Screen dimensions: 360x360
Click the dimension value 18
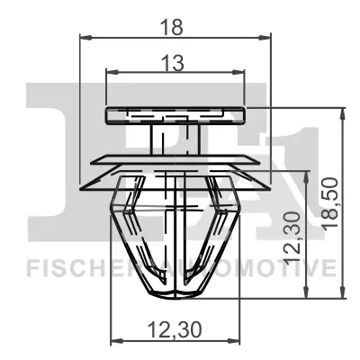pyautogui.click(x=175, y=26)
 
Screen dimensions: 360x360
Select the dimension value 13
pyautogui.click(x=175, y=62)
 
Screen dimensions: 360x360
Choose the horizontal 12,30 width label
pyautogui.click(x=175, y=328)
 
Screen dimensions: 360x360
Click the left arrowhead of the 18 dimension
pyautogui.click(x=85, y=38)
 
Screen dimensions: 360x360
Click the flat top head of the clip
pyautogui.click(x=175, y=114)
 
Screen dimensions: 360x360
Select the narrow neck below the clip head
pyautogui.click(x=175, y=139)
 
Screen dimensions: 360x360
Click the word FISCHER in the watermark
pyautogui.click(x=67, y=267)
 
